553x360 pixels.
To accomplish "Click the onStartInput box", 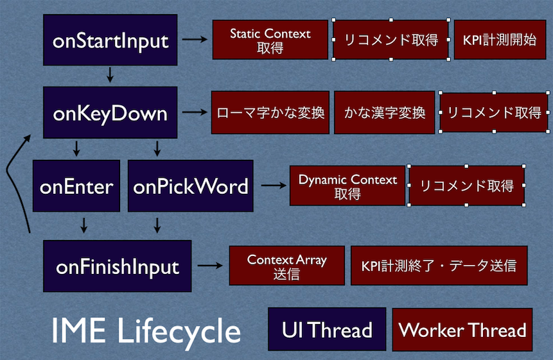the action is pyautogui.click(x=110, y=40).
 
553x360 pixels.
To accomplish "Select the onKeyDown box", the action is pyautogui.click(x=110, y=112).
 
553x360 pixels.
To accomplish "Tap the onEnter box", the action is pyautogui.click(x=76, y=185).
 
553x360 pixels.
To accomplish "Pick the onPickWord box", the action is pyautogui.click(x=191, y=185).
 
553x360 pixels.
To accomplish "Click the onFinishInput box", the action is pyautogui.click(x=117, y=266).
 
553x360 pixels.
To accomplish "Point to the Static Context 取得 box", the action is pyautogui.click(x=270, y=39).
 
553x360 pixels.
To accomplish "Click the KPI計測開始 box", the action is pyautogui.click(x=500, y=39).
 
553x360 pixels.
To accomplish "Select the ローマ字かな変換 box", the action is pyautogui.click(x=270, y=112).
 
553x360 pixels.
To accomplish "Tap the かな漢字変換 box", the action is pyautogui.click(x=385, y=112).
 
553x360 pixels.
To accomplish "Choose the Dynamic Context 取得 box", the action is pyautogui.click(x=347, y=185).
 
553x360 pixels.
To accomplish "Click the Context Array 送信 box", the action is pyautogui.click(x=286, y=266).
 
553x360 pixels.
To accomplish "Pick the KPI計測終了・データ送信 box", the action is pyautogui.click(x=439, y=266).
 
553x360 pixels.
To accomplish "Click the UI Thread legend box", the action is pyautogui.click(x=327, y=329).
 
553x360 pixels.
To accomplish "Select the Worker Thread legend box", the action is pyautogui.click(x=462, y=330).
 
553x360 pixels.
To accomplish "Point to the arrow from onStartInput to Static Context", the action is pyautogui.click(x=195, y=39).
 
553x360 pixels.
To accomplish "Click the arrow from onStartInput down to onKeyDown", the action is pyautogui.click(x=110, y=74).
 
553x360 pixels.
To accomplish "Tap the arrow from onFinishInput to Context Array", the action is pyautogui.click(x=210, y=265).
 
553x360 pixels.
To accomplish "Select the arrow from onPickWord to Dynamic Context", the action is pyautogui.click(x=274, y=185).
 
